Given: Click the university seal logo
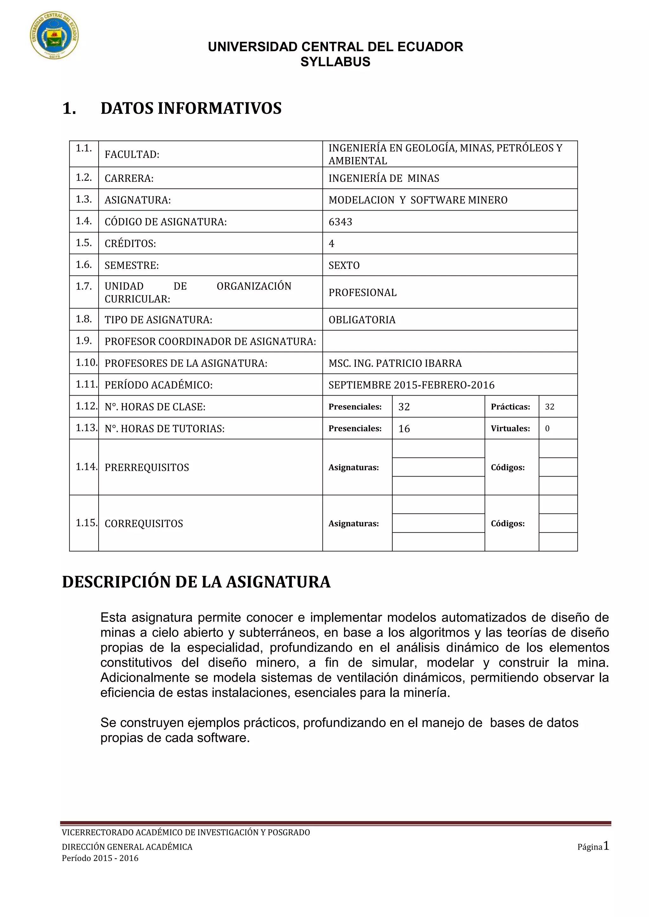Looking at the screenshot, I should (x=55, y=35).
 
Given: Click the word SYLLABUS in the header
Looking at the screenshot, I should (x=335, y=62).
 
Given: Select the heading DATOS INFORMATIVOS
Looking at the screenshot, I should (x=191, y=108).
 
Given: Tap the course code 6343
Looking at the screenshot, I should (x=340, y=222).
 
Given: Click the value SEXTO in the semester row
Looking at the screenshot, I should (x=344, y=265).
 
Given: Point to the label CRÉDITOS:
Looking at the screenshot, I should (x=130, y=243).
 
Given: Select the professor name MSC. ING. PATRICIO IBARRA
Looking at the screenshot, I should (x=395, y=363).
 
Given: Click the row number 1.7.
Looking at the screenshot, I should (x=84, y=286).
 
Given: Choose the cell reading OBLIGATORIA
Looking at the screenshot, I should (x=362, y=319).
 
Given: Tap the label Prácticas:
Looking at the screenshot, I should (x=510, y=407).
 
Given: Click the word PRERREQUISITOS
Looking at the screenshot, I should (x=147, y=467).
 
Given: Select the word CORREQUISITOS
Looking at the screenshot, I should (x=144, y=524).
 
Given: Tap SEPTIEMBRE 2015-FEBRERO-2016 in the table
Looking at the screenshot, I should (x=411, y=385).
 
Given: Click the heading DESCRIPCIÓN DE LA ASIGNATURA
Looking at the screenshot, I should (x=196, y=582).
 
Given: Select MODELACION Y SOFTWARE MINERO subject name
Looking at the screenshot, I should (x=418, y=200).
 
